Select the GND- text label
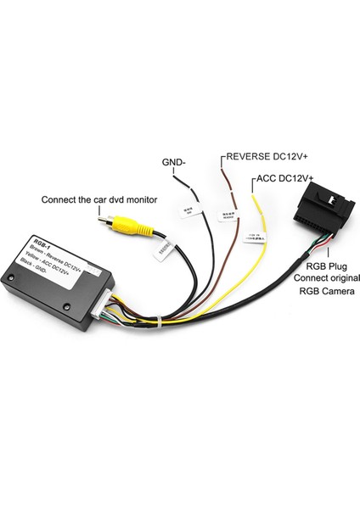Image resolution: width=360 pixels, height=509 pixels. pyautogui.click(x=175, y=163)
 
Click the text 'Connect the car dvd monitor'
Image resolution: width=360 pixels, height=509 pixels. pyautogui.click(x=96, y=200)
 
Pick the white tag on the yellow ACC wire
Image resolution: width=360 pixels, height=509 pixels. pyautogui.click(x=253, y=238)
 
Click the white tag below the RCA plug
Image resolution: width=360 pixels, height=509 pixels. pyautogui.click(x=164, y=249)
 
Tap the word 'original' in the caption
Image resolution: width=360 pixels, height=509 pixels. pyautogui.click(x=318, y=277)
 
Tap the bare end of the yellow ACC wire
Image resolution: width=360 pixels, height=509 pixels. pyautogui.click(x=255, y=194)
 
